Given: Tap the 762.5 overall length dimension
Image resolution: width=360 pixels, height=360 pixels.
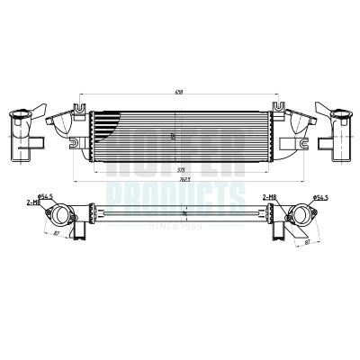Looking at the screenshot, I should (183, 179).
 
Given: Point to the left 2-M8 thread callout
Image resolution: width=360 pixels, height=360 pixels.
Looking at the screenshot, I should (33, 202).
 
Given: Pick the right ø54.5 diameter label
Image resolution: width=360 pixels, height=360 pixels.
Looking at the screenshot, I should (319, 195).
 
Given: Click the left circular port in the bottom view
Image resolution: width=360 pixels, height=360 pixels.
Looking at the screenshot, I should (59, 216).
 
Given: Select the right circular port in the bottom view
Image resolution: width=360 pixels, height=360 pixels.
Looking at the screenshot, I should (298, 216).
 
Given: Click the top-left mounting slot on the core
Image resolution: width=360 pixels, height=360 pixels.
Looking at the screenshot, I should (80, 111).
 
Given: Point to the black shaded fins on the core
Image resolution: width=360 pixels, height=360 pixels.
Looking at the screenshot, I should (106, 135).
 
